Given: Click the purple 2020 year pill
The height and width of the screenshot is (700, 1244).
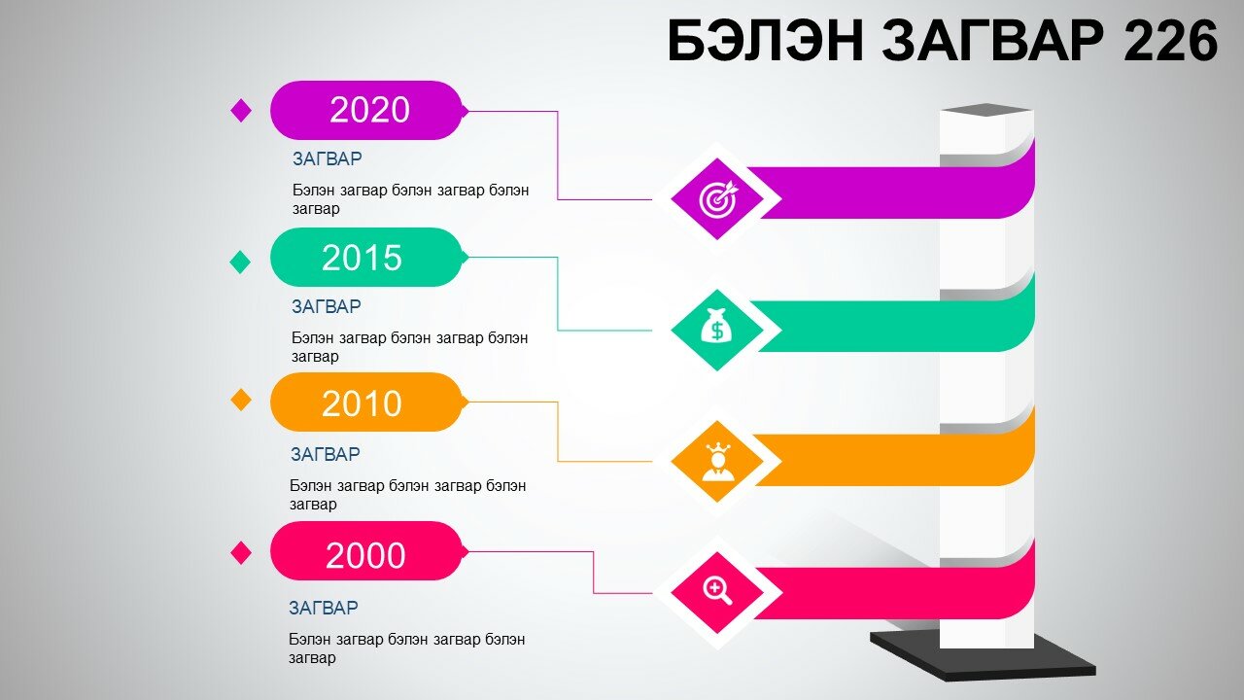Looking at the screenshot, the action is click(x=368, y=110).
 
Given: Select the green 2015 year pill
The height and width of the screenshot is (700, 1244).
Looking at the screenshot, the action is click(x=368, y=258).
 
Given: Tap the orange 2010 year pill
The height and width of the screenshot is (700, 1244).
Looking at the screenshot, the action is click(x=368, y=402).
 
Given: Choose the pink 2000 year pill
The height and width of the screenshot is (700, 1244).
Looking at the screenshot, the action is click(x=368, y=551).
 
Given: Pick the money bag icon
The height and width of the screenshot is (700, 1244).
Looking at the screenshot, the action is click(x=717, y=326).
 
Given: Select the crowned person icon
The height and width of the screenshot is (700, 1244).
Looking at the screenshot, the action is click(x=717, y=462).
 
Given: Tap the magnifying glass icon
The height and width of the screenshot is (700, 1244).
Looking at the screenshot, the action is click(x=718, y=591).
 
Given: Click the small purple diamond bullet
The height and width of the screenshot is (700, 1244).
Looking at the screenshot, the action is click(x=241, y=110).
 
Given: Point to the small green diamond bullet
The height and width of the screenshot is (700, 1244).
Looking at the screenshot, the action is click(x=240, y=262).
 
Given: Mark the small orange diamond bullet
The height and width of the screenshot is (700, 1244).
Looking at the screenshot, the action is click(x=241, y=400).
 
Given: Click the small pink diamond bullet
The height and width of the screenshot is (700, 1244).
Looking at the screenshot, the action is click(x=241, y=553).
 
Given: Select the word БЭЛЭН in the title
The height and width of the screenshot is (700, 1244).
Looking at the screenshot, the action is click(x=766, y=40).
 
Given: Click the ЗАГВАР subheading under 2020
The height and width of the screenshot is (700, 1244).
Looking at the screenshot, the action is click(x=328, y=158).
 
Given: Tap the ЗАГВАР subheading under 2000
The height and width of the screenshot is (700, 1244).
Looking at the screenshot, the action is click(x=324, y=608).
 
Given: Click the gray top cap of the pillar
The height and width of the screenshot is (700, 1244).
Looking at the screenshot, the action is click(x=986, y=110).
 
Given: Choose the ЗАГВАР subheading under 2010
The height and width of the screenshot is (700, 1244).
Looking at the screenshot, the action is click(x=326, y=454).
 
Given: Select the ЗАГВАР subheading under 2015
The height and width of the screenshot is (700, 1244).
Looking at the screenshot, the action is click(x=327, y=306).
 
